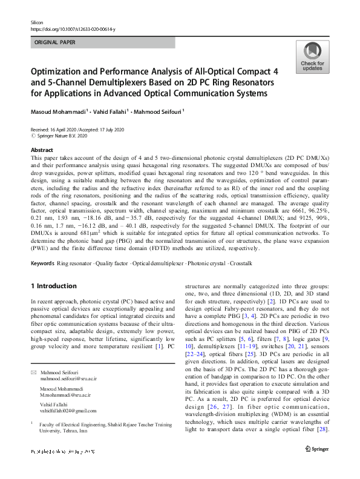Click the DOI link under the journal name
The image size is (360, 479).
coord(73,28)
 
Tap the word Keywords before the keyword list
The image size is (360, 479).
coord(42,264)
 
